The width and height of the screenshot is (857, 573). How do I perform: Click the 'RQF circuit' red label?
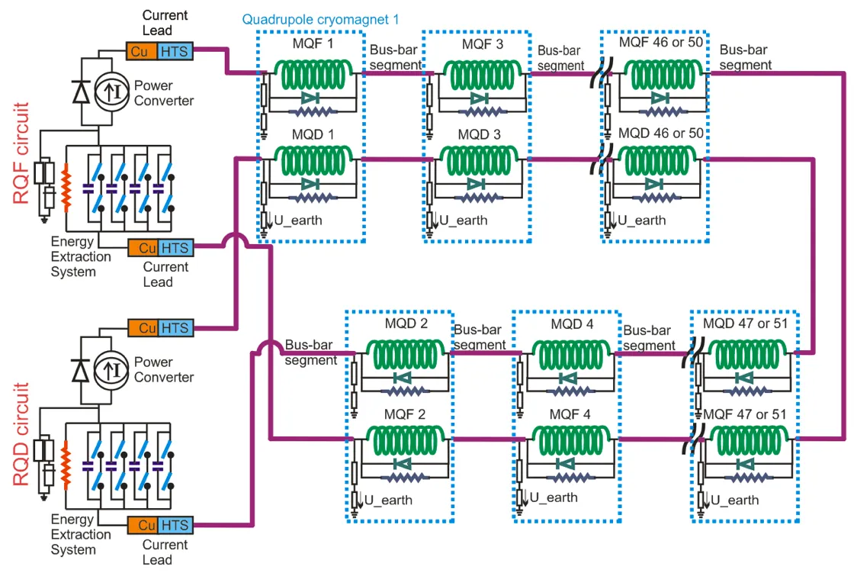[x=21, y=153]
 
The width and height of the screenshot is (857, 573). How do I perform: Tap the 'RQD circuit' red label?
[x=21, y=434]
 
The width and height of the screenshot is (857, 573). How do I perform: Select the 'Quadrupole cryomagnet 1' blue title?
[x=320, y=20]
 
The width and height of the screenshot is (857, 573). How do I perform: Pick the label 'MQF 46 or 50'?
[x=661, y=42]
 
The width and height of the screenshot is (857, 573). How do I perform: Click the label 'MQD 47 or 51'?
[x=745, y=324]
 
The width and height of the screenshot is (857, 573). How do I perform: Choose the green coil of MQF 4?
[x=570, y=441]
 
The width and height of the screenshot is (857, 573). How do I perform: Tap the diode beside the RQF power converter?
[x=82, y=92]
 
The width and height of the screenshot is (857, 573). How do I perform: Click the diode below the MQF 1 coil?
[x=310, y=99]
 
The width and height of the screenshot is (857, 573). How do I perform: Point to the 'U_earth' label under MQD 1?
[x=298, y=221]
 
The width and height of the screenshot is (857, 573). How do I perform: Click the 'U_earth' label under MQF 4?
[x=553, y=497]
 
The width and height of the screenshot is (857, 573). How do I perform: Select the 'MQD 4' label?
[x=572, y=324]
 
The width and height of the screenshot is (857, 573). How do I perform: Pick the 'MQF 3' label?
[x=482, y=43]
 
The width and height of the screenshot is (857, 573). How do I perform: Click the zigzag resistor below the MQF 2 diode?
[x=405, y=478]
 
